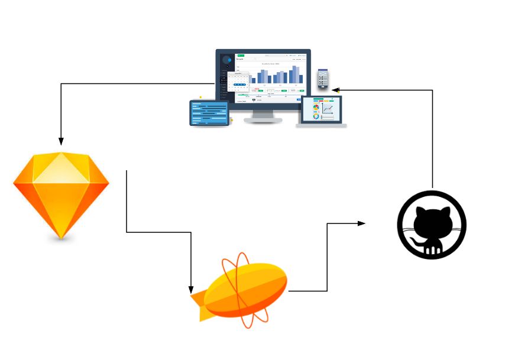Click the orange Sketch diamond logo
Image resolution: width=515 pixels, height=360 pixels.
coord(61,195)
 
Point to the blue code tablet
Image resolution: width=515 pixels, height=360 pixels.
coord(209,113)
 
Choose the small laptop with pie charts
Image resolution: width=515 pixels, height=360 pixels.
coord(322,110)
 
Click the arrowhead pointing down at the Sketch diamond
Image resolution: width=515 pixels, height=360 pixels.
coord(61,141)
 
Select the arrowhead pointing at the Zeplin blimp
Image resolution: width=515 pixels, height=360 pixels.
coord(190,289)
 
